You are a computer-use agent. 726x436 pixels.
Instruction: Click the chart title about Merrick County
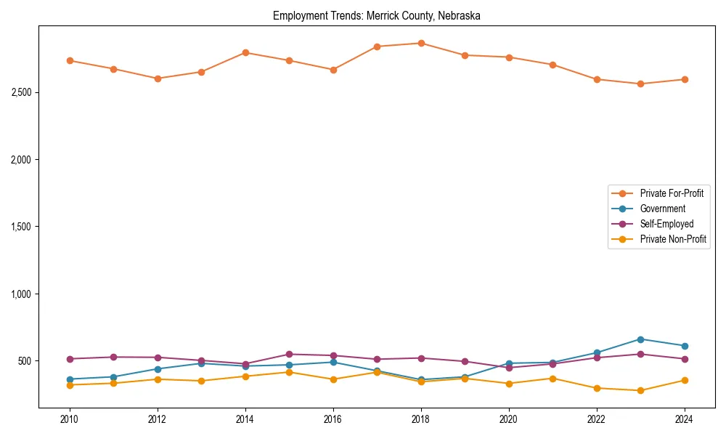tap(377, 15)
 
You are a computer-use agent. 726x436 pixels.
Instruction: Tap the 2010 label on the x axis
tap(70, 419)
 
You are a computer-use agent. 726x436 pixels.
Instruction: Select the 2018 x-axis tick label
tap(421, 419)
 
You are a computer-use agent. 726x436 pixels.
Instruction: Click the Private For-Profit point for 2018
tap(421, 44)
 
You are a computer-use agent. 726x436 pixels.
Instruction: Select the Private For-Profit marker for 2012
tap(158, 78)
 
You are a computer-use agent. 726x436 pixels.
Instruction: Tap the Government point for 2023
tap(640, 339)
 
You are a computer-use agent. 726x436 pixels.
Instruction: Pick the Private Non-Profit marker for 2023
tap(640, 391)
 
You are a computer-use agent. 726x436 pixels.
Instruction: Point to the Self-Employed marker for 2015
tap(289, 355)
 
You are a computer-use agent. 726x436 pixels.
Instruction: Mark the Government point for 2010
tap(70, 379)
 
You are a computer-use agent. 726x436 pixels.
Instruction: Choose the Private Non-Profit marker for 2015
tap(289, 372)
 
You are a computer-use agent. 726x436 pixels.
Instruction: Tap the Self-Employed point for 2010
tap(70, 359)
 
